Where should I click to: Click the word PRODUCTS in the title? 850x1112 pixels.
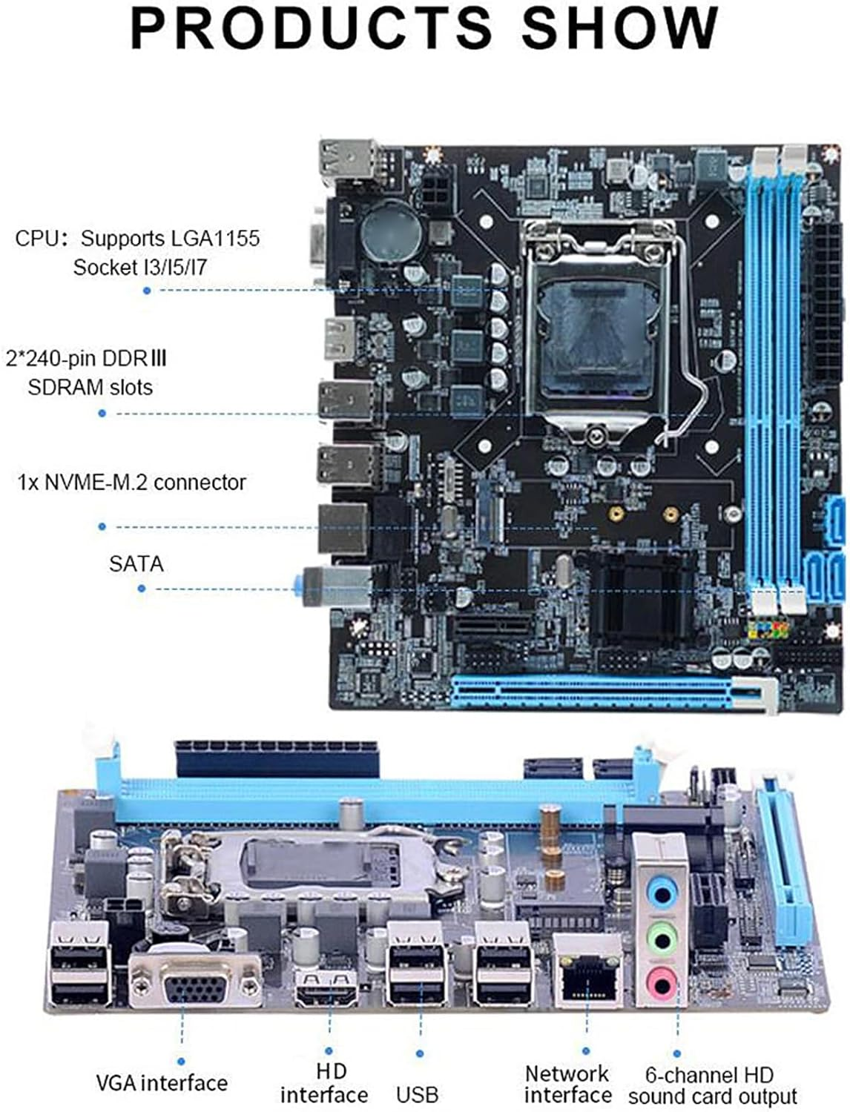tap(311, 28)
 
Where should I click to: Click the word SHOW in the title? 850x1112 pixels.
tap(619, 28)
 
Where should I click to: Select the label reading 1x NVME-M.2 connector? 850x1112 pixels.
tap(131, 483)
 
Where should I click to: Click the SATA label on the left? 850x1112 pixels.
tap(136, 564)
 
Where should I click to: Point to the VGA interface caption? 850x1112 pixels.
tap(162, 1083)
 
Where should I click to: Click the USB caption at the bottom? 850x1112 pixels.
tap(417, 1094)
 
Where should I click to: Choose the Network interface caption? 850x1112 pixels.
tap(567, 1084)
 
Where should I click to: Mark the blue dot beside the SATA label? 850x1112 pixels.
tap(142, 589)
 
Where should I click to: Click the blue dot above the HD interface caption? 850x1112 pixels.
tap(329, 1051)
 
